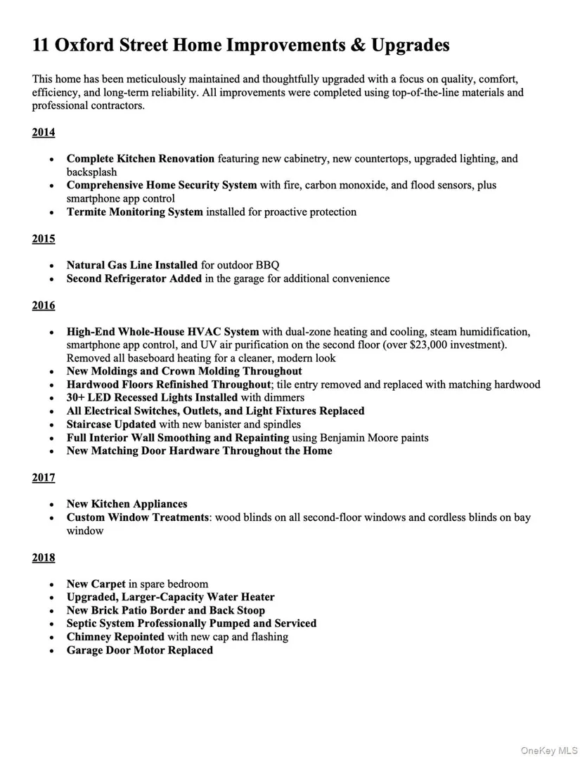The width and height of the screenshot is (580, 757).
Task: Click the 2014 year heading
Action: [43, 133]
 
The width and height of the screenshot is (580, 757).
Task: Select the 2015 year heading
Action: [43, 239]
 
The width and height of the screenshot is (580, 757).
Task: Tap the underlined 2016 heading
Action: [43, 305]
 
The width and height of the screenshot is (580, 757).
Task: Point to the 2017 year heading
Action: [43, 478]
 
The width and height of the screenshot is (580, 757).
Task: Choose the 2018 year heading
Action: [43, 557]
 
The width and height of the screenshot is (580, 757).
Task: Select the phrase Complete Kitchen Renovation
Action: [141, 159]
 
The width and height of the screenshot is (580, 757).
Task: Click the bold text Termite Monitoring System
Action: [134, 212]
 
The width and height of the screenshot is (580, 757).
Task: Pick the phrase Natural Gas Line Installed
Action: [132, 265]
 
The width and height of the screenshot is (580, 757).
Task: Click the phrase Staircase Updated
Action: [111, 425]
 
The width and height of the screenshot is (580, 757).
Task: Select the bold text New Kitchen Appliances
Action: [127, 504]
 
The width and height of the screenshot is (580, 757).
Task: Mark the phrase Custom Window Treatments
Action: [138, 517]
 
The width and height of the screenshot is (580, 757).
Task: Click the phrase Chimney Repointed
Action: [115, 637]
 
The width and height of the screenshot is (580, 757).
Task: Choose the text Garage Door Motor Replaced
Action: [139, 650]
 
